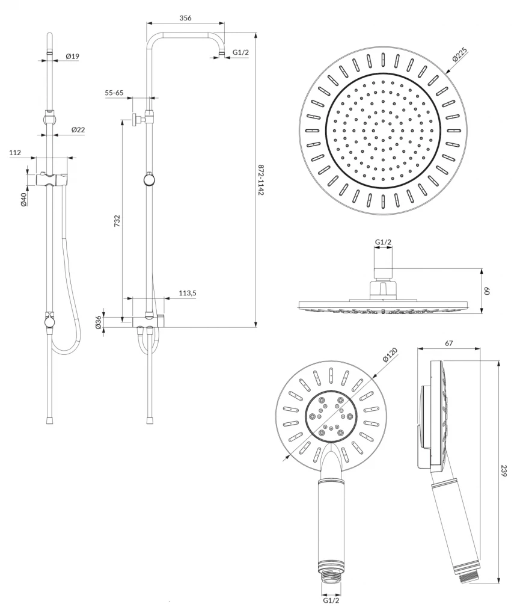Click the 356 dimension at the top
(x=185, y=18)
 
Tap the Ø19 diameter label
(x=72, y=56)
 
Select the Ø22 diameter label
(x=78, y=130)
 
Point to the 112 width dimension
(x=15, y=152)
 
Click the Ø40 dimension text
(x=23, y=199)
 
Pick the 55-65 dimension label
(x=114, y=93)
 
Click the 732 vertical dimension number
(x=117, y=221)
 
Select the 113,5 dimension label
(x=188, y=293)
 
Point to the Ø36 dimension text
(x=99, y=322)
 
